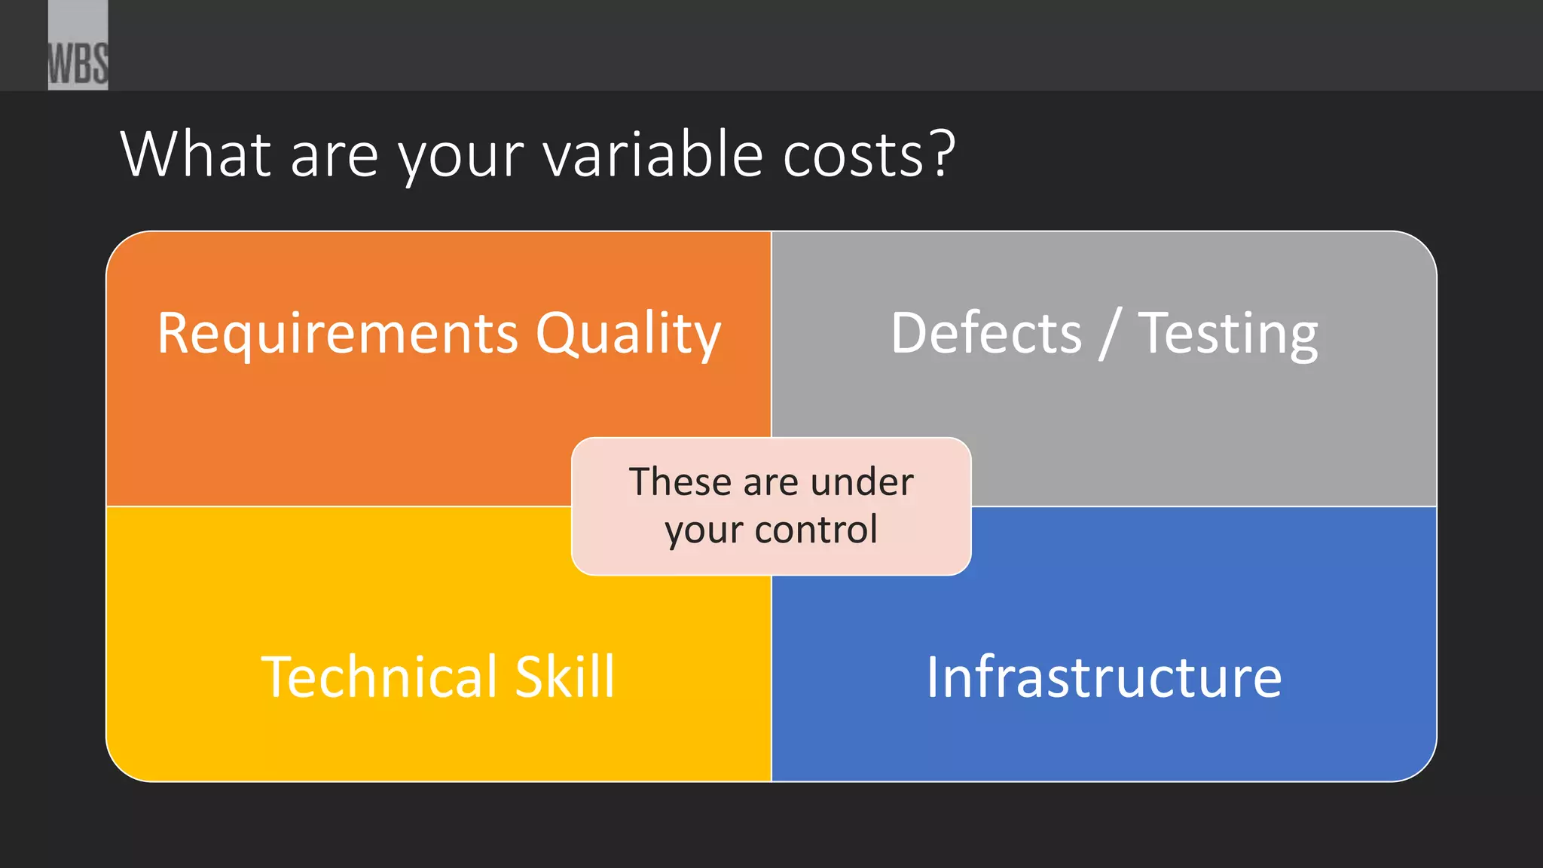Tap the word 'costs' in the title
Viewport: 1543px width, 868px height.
pyautogui.click(x=853, y=156)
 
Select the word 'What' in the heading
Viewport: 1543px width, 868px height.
pyautogui.click(x=195, y=154)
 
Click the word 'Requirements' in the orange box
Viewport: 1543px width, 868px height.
pyautogui.click(x=338, y=334)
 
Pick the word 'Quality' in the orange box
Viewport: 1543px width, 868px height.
pyautogui.click(x=628, y=334)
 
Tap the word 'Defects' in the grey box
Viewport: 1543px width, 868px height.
pyautogui.click(x=986, y=333)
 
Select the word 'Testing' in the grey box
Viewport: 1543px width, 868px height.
pyautogui.click(x=1228, y=334)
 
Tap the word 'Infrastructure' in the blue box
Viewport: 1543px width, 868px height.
pyautogui.click(x=1104, y=677)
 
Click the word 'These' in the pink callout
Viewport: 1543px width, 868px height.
pyautogui.click(x=680, y=481)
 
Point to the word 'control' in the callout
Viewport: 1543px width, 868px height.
pyautogui.click(x=816, y=529)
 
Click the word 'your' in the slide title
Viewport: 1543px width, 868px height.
pyautogui.click(x=460, y=156)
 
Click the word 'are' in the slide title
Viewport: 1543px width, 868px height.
pyautogui.click(x=334, y=156)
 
